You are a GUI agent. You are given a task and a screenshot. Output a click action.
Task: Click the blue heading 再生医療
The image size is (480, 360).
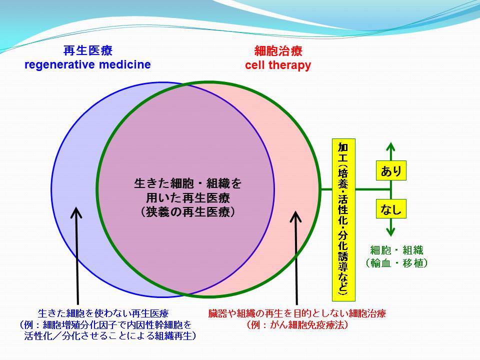[88, 50]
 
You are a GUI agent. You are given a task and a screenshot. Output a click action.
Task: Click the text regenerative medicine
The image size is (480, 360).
[87, 65]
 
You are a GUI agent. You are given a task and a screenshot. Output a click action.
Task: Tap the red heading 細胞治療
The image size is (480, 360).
[278, 51]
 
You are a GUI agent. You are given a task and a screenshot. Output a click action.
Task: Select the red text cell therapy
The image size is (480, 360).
[278, 65]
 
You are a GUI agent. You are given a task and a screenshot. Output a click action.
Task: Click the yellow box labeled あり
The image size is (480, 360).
[391, 170]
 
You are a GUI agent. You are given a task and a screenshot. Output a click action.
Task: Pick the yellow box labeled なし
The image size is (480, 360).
[391, 209]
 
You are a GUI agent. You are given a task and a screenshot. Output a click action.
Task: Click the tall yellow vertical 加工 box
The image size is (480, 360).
[343, 220]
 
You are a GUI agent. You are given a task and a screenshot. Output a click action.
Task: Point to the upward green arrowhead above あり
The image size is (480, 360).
[390, 147]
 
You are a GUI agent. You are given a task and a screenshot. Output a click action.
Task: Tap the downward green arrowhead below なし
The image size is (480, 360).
[390, 231]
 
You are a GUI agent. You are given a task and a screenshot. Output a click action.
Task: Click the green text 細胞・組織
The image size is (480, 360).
[396, 250]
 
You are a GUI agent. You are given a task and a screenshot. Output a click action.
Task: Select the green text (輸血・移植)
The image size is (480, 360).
[396, 263]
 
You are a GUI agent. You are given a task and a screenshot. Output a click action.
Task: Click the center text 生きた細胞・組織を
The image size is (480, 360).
[188, 183]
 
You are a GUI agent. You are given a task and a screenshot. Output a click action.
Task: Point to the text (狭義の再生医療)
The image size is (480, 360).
[188, 212]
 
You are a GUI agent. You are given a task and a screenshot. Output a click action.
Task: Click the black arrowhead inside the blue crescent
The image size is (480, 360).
[76, 213]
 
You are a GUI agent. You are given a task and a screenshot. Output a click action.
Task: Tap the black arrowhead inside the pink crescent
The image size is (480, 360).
[295, 216]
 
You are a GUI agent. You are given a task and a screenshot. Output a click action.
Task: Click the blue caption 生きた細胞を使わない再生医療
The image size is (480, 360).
[103, 313]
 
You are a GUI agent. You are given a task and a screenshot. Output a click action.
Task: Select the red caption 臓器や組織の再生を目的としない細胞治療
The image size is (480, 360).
[297, 313]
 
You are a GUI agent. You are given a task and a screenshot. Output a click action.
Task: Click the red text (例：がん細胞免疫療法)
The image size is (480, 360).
[297, 325]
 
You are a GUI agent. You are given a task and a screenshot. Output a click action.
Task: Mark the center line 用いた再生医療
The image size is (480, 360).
[188, 198]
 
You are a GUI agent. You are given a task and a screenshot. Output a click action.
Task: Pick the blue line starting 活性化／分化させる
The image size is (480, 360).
[110, 336]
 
